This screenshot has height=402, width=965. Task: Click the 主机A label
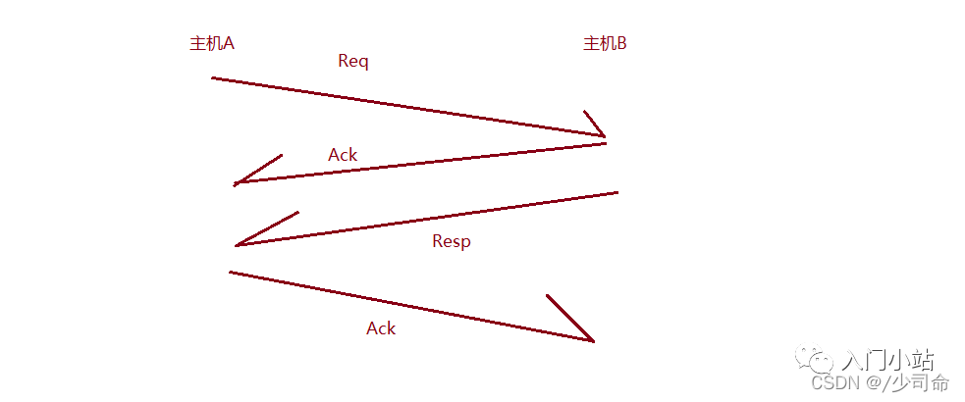point(211,44)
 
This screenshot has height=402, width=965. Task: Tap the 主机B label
point(605,44)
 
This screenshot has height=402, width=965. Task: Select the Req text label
point(352,61)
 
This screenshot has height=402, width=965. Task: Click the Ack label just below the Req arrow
point(343,155)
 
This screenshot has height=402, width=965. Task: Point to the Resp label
point(452,241)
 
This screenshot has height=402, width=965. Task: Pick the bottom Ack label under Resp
point(381,328)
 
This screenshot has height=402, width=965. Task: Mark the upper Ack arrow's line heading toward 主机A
point(422,163)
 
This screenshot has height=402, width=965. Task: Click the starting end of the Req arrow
point(214,77)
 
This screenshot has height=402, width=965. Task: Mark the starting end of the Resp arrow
point(616,193)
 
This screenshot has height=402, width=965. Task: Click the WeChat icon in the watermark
point(820,359)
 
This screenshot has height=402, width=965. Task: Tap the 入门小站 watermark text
point(888,360)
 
